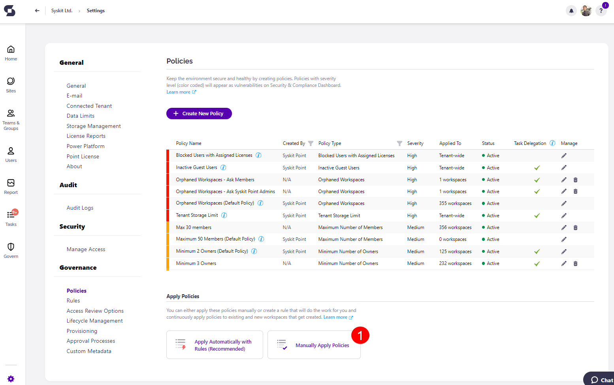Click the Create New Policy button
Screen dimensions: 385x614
click(199, 114)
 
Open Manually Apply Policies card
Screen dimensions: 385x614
click(314, 345)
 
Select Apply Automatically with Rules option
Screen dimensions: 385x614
click(215, 345)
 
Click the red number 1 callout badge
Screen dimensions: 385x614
click(360, 335)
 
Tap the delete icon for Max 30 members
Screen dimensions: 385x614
click(575, 227)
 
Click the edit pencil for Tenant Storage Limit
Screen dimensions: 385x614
click(564, 216)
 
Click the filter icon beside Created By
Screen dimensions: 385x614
click(311, 143)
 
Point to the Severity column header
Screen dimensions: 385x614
click(415, 143)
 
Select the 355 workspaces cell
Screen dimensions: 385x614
click(455, 203)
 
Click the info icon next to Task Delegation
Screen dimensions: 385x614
click(552, 143)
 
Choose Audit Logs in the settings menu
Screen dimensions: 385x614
click(80, 208)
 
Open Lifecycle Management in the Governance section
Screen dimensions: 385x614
click(94, 321)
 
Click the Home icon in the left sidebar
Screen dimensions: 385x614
click(11, 49)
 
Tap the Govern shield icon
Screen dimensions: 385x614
click(11, 247)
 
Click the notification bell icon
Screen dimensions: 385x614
click(571, 11)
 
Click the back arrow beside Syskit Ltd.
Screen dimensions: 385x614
click(37, 11)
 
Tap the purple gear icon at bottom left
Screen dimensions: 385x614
click(11, 379)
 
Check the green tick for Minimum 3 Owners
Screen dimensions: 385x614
click(537, 264)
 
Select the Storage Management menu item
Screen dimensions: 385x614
click(94, 126)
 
